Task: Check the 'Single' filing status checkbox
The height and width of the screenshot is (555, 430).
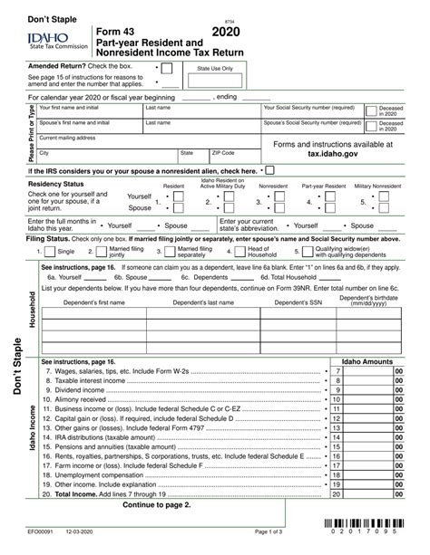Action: point(51,251)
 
